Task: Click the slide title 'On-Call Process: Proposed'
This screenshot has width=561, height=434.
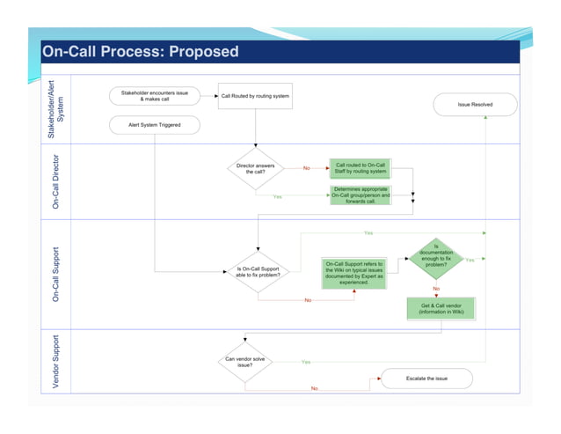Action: click(141, 51)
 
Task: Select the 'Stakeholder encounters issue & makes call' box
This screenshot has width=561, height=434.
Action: click(154, 95)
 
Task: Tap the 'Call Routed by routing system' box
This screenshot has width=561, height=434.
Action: click(255, 96)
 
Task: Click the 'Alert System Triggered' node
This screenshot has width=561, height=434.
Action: click(154, 125)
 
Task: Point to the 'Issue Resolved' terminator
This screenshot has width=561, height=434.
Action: click(475, 105)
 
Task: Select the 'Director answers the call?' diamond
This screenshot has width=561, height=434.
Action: click(255, 168)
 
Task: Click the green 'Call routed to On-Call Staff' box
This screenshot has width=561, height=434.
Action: click(361, 167)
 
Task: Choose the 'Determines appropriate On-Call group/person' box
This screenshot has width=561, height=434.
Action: click(361, 195)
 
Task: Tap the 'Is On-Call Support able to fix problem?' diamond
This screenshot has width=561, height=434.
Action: click(259, 272)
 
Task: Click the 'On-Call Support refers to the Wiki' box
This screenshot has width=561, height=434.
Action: click(353, 272)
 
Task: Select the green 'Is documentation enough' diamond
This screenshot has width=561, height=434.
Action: click(436, 257)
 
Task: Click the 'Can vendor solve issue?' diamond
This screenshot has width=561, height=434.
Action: click(245, 362)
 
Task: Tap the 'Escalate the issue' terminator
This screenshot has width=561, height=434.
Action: click(426, 378)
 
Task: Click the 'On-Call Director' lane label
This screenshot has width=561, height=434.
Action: click(56, 182)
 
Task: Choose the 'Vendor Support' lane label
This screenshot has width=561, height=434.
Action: click(56, 362)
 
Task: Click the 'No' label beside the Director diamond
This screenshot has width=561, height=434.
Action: click(306, 168)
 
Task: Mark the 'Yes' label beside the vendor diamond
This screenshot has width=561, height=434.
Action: click(305, 362)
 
